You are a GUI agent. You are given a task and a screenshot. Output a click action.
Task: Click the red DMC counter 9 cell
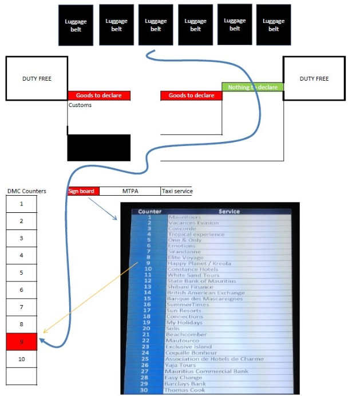coord(21,342)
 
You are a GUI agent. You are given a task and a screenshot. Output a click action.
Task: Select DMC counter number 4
coord(21,255)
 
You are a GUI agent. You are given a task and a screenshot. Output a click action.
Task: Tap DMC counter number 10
coord(21,359)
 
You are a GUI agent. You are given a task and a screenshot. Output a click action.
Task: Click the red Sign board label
coord(83,191)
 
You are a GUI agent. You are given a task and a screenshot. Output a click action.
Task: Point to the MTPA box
coord(130,191)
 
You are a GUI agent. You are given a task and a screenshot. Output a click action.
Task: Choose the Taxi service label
coord(177,191)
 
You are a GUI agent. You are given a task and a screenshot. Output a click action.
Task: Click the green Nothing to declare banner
coord(252,87)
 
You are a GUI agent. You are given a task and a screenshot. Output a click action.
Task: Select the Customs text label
coord(80,105)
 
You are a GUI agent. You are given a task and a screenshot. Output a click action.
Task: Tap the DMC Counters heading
coord(27,191)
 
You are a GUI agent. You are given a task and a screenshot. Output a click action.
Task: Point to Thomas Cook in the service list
coord(184,390)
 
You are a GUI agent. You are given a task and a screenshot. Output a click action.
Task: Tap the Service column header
coord(229,211)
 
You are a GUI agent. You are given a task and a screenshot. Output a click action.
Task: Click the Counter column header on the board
coord(149,211)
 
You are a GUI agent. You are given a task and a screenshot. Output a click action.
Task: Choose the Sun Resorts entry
coord(184,311)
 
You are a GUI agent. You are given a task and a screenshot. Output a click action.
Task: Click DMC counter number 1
coord(21,203)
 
